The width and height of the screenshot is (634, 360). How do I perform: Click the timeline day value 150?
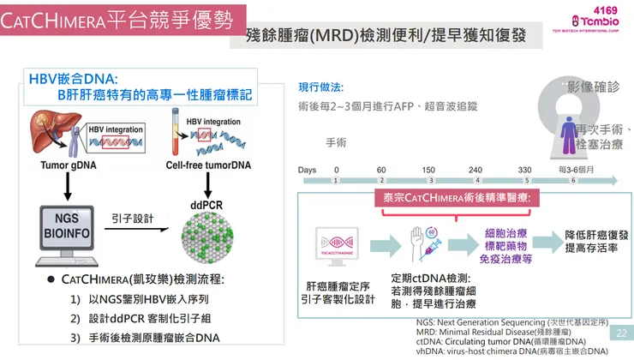coord(428,170)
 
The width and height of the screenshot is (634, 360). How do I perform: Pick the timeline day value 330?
coord(525,170)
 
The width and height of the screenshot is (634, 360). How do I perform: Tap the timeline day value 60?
coord(381,170)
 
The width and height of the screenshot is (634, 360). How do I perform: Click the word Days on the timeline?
coord(308,170)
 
